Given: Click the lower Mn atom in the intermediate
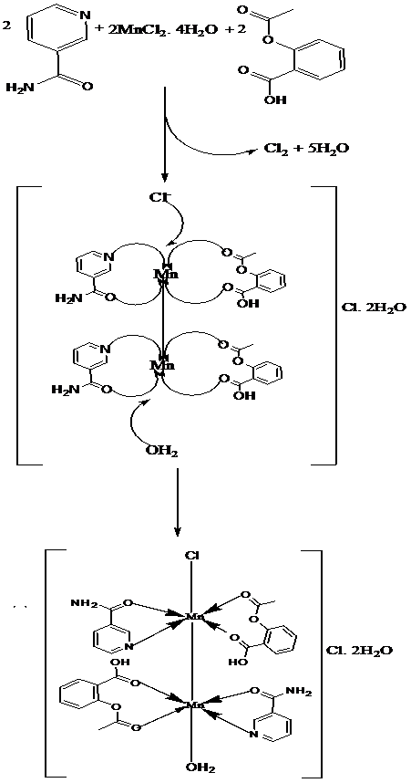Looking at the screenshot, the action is tap(163, 366).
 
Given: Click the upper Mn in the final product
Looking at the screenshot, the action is tap(193, 616).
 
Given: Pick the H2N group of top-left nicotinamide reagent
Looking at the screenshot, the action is tap(19, 88).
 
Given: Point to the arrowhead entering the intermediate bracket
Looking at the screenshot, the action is tap(165, 178).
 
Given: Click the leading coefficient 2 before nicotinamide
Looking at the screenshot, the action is tap(6, 25).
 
